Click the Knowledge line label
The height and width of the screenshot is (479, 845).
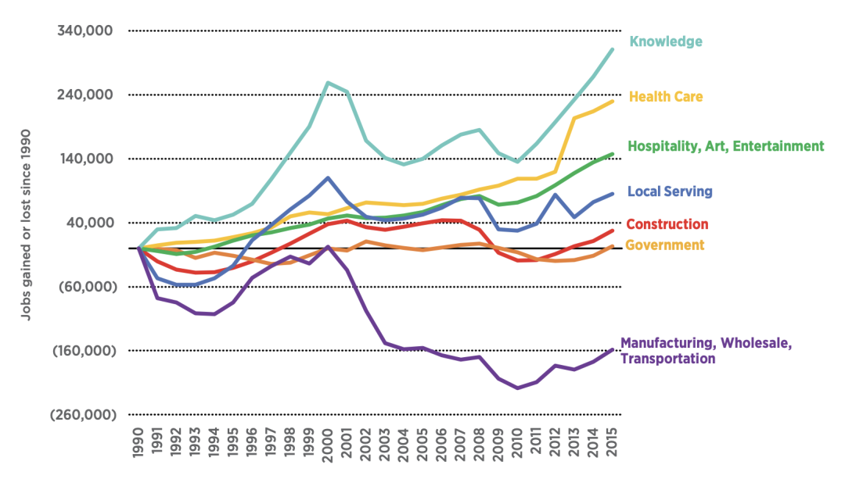[666, 41]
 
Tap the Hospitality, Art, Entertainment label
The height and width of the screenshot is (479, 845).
[726, 146]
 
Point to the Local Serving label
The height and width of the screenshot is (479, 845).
[670, 191]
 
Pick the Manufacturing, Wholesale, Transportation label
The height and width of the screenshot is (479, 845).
[706, 351]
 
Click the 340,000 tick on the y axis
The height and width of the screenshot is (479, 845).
[87, 31]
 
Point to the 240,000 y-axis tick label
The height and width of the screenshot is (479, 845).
[87, 95]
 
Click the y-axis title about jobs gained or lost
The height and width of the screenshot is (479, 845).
[26, 223]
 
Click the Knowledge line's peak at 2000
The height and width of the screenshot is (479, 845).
[328, 83]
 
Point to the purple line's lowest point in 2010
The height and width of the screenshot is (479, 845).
[517, 388]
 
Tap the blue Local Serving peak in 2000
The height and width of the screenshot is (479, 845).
[328, 178]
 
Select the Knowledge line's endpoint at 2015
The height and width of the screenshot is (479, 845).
[612, 49]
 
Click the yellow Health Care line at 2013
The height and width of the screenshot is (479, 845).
[574, 118]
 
